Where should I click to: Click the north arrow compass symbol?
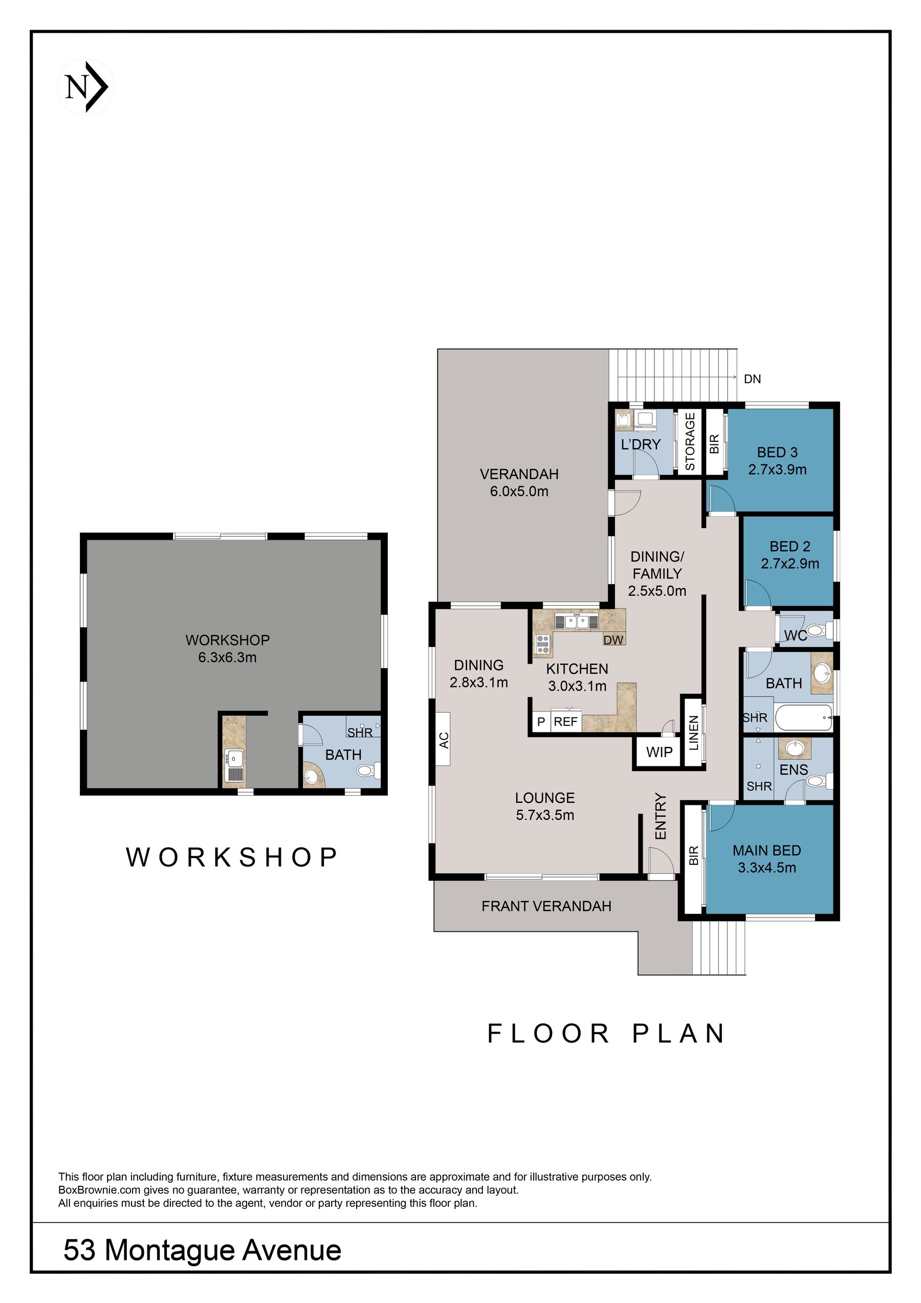click(x=85, y=88)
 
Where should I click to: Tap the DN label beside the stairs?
click(x=752, y=379)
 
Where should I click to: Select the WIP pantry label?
click(x=659, y=753)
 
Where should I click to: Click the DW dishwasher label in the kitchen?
click(x=613, y=640)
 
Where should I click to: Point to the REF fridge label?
click(x=565, y=722)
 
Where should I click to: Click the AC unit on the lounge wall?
click(x=443, y=739)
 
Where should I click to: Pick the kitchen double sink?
click(x=577, y=622)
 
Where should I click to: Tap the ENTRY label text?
click(x=661, y=817)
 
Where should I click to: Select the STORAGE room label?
click(x=690, y=441)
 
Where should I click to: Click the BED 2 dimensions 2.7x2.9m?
click(x=790, y=564)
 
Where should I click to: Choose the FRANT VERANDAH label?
click(x=546, y=906)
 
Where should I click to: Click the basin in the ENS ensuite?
click(x=794, y=749)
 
